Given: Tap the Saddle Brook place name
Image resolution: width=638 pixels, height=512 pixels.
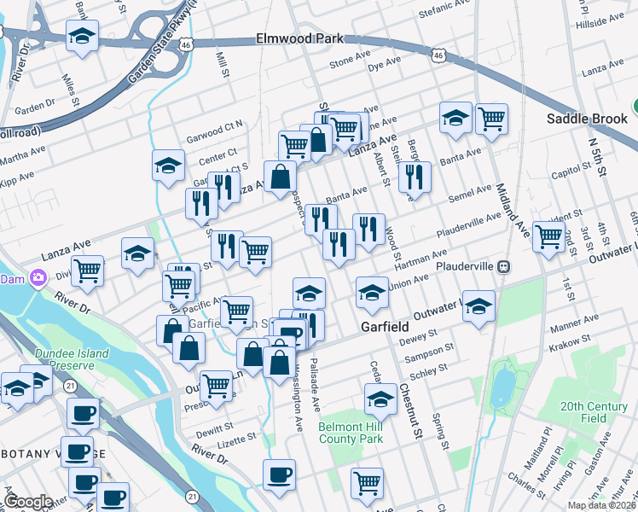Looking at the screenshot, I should (587, 119).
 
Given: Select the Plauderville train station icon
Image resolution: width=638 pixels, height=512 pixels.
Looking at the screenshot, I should (504, 265).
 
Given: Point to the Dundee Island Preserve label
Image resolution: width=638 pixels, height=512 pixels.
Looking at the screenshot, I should (72, 359).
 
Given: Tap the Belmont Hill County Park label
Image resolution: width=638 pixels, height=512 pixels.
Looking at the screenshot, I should (349, 433).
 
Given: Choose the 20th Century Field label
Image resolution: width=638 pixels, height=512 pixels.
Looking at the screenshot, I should (595, 413).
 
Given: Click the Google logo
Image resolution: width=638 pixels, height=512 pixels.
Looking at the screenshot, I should (28, 502).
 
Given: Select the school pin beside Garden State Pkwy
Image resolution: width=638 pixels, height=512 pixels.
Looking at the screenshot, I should (82, 37).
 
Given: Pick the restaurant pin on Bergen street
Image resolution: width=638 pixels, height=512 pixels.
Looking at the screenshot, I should (415, 177).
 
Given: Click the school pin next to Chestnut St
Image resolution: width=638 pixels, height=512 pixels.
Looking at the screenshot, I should (380, 398).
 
